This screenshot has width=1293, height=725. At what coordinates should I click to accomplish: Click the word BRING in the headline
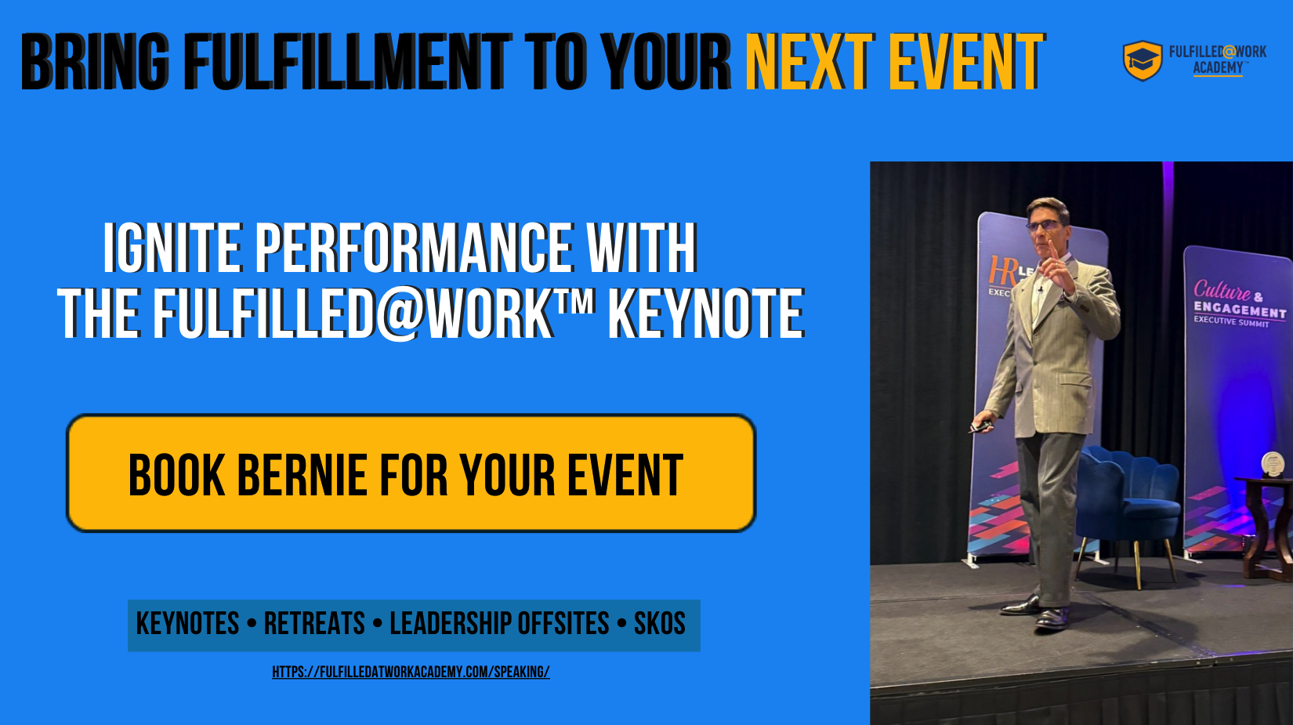coord(95,62)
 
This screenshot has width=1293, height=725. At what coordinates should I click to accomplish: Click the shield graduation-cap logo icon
coord(1143,60)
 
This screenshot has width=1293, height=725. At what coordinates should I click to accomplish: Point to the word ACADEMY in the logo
coord(1218,68)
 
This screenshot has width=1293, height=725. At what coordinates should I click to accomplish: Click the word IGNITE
coord(172,248)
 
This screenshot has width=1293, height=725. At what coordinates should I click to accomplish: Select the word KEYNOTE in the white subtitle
coord(706,314)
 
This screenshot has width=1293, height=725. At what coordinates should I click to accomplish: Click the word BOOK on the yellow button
coord(177,475)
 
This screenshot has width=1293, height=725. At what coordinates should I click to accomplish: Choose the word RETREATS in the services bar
coord(314,624)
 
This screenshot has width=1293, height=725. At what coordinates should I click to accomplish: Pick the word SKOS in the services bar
coord(659,624)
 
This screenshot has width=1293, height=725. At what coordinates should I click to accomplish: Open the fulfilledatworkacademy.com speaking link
coord(411,672)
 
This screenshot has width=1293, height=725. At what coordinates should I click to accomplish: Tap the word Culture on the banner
coord(1222,291)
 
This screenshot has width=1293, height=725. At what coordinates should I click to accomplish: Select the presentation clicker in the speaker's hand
coord(980,426)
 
